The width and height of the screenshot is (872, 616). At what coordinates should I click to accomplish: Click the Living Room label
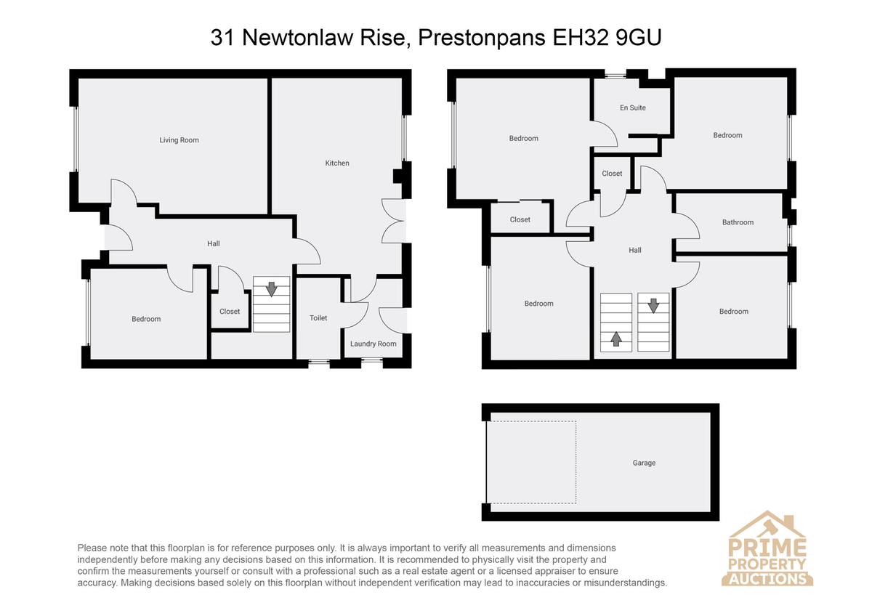(179, 140)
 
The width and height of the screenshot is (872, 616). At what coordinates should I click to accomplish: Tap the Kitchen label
(337, 163)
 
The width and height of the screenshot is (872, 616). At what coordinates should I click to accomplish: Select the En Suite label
(633, 108)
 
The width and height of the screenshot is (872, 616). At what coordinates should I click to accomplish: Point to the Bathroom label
(738, 222)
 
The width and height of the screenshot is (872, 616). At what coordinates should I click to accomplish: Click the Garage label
(644, 463)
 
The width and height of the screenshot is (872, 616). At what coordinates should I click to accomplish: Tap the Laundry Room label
(373, 344)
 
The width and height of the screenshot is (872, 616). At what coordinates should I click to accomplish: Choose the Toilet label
(318, 318)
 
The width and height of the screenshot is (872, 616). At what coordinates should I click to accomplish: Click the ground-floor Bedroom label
(146, 319)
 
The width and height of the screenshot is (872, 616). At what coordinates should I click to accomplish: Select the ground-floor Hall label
(214, 243)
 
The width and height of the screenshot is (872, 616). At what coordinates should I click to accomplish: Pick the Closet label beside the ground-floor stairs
(230, 312)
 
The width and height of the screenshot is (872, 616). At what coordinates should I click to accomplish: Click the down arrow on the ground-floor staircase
(271, 289)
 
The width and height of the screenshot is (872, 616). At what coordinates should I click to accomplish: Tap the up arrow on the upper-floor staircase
(616, 339)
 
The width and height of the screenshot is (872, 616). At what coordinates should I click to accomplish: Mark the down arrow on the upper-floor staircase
(653, 306)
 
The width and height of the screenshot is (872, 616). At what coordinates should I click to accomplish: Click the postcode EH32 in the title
(580, 38)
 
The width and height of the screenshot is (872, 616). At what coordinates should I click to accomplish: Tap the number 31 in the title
(222, 38)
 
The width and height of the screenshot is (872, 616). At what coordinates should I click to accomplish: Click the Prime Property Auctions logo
(767, 548)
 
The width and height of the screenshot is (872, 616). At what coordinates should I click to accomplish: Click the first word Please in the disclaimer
(92, 548)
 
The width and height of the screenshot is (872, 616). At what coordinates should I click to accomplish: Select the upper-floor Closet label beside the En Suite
(612, 174)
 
